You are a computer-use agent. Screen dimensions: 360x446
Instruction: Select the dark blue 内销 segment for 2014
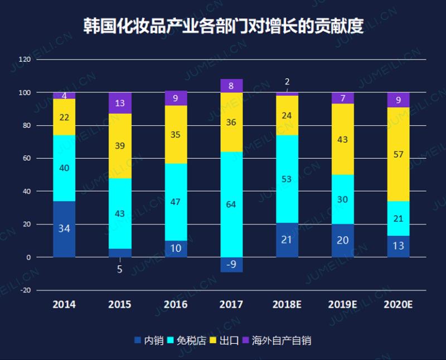point(64,229)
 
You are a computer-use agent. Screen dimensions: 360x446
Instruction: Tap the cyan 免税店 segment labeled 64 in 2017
point(231,204)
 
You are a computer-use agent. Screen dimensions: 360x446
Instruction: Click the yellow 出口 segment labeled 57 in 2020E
point(398,154)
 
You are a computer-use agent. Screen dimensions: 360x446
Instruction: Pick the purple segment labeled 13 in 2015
point(120,103)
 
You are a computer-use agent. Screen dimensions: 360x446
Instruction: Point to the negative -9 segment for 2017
point(231,265)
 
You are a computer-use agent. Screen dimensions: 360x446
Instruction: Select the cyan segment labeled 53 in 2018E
point(287,179)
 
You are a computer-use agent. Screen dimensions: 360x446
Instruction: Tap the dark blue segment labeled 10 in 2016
point(176,249)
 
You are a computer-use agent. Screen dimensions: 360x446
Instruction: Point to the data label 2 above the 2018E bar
point(287,81)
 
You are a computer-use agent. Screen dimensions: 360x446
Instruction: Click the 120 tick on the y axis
point(25,59)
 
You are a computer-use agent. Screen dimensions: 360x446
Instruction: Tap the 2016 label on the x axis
point(176,305)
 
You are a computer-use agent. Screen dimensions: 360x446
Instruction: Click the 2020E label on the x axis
point(398,305)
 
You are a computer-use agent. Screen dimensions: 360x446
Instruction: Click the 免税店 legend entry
point(190,340)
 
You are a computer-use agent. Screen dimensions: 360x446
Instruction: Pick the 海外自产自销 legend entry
point(279,340)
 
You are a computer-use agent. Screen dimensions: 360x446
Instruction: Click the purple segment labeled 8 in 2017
point(231,86)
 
